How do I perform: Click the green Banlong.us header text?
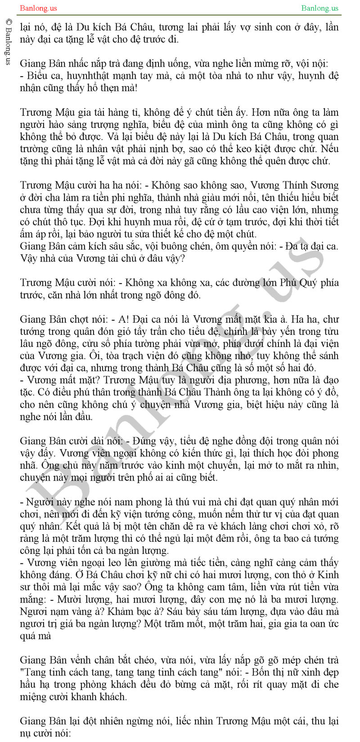click(320, 8)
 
